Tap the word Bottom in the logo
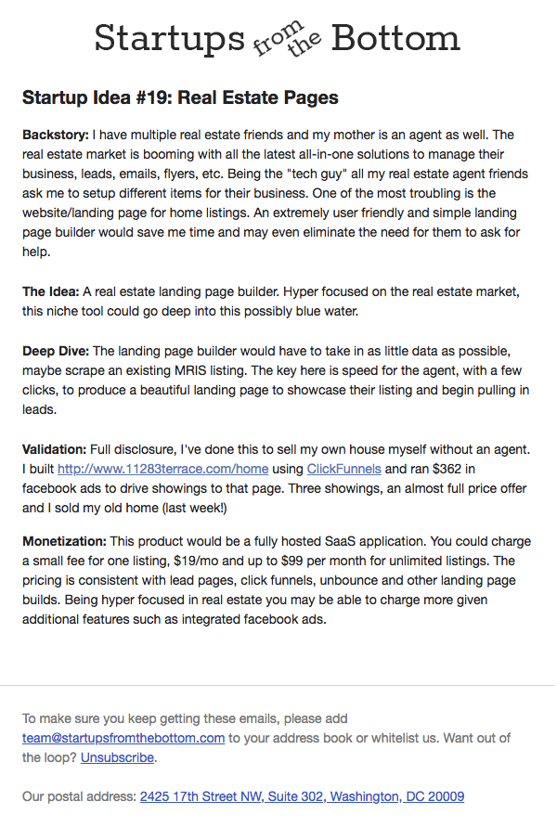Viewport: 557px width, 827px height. (x=395, y=39)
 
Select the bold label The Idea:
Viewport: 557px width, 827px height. (x=51, y=291)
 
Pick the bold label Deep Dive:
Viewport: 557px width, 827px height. (x=56, y=351)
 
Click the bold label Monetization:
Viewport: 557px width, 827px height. (x=64, y=541)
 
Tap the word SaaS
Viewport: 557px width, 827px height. (x=308, y=541)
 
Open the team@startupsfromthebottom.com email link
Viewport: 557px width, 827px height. (x=123, y=738)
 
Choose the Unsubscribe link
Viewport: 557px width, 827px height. (x=117, y=757)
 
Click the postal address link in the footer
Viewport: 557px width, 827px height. (x=302, y=796)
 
